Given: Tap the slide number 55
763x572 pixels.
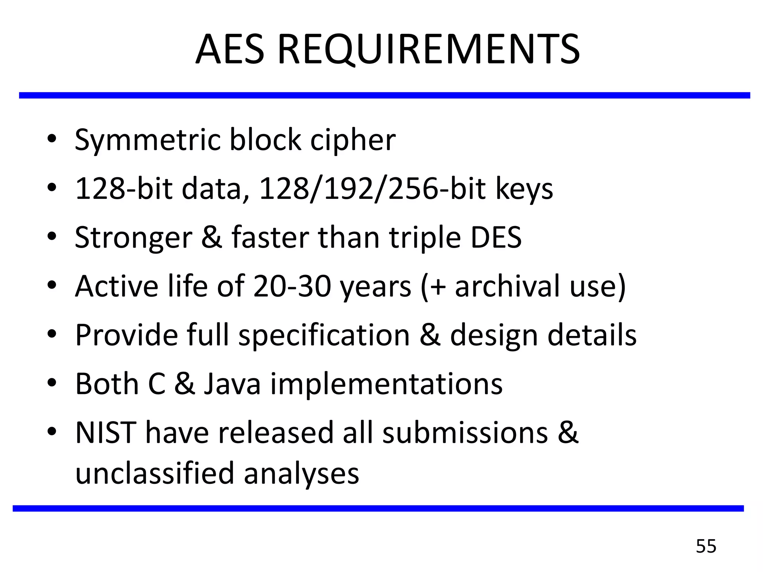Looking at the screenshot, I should (706, 546).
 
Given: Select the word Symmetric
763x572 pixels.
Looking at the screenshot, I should (148, 140).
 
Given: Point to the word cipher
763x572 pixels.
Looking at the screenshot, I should (353, 140).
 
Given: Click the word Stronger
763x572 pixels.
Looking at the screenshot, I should (133, 238).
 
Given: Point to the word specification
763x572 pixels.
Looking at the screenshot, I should (324, 336).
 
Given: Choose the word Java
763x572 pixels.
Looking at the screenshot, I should (232, 384).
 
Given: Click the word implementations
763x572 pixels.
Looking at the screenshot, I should (386, 385).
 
